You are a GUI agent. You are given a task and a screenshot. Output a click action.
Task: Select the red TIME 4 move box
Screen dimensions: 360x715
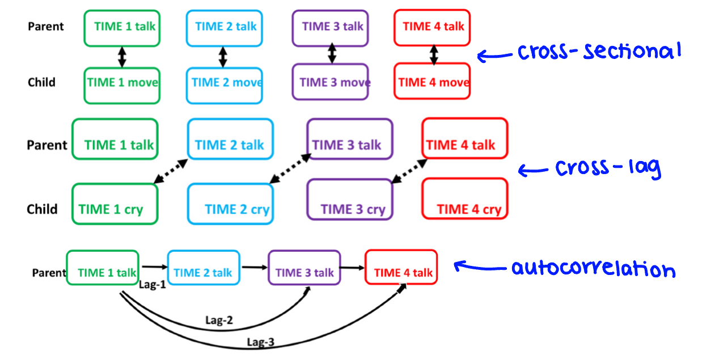coord(432,82)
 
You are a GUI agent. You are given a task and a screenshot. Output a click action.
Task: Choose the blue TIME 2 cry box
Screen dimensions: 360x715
coord(230,204)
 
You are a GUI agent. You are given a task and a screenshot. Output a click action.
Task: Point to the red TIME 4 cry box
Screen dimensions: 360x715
coord(464,199)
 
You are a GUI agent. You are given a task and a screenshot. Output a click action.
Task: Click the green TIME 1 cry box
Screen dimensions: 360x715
coord(115,204)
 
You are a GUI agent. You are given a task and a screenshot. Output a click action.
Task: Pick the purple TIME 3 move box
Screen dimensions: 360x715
coord(330,82)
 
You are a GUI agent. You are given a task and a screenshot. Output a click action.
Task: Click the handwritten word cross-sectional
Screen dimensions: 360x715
coord(599,52)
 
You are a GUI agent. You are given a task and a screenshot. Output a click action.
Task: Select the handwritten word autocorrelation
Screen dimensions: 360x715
coord(593,268)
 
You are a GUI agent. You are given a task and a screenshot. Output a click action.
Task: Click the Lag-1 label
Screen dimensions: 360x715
coord(152,285)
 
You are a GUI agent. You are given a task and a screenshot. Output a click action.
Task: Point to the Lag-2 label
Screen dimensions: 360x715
coord(219,320)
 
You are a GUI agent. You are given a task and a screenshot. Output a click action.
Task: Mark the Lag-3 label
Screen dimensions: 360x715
coord(261,342)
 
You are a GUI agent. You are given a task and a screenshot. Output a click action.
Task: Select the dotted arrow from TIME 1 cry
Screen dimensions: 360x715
coord(171,171)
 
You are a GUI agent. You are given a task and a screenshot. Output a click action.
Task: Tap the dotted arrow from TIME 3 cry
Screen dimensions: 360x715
coord(409,171)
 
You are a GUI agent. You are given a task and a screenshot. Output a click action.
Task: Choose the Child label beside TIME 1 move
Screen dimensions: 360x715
coord(41,82)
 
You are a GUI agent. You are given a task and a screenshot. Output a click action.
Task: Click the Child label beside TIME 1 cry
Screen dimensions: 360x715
coord(42,209)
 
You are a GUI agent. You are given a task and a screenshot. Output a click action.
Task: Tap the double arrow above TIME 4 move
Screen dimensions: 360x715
coord(434,54)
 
